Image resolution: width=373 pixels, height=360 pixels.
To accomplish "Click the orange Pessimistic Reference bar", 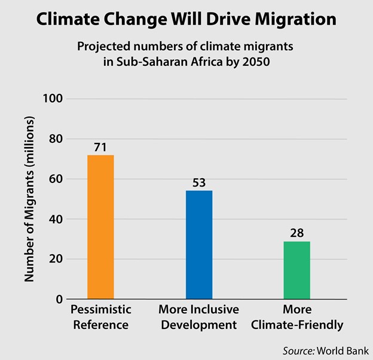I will click(x=100, y=227).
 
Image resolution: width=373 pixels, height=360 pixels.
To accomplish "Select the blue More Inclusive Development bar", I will click(x=199, y=245).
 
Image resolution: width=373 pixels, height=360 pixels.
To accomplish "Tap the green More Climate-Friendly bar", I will click(x=297, y=270).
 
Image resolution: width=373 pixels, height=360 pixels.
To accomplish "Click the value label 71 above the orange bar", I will click(x=100, y=147).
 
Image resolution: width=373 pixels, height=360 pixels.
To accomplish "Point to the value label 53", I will click(x=199, y=182).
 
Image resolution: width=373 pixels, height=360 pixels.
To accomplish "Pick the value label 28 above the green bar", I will click(x=297, y=233).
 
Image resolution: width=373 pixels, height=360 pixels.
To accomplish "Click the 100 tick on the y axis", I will click(x=51, y=99).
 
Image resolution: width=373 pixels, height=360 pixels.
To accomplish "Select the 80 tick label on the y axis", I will click(x=54, y=139).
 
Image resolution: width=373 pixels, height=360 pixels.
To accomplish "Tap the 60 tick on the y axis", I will click(x=54, y=179).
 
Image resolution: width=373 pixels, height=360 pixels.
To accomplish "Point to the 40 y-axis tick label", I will click(x=54, y=219).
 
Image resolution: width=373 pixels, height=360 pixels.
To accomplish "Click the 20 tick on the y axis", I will click(x=54, y=259).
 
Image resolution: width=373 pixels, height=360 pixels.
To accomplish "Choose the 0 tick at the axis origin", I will click(x=59, y=299).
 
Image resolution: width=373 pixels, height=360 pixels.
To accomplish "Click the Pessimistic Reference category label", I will click(x=100, y=317).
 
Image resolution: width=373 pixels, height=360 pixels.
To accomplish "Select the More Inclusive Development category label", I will click(x=199, y=317).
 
